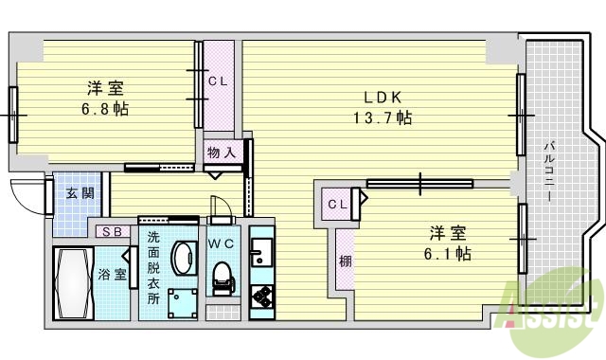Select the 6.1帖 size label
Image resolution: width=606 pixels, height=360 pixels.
click(x=449, y=253)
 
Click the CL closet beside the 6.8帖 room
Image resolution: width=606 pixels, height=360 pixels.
click(x=218, y=81)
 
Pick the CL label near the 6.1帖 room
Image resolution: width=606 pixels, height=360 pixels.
click(x=337, y=204)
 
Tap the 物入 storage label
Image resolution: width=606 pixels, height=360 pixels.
click(x=221, y=153)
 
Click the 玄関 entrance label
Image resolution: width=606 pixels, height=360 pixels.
click(x=79, y=195)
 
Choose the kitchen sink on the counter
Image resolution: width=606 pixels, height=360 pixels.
click(x=260, y=251)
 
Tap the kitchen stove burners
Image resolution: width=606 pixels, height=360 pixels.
click(x=260, y=301)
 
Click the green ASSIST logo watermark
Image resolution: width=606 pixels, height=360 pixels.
click(x=554, y=308)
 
